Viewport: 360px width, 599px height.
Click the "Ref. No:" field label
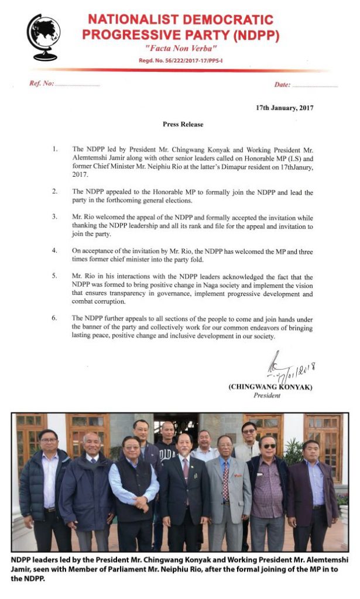coord(42,84)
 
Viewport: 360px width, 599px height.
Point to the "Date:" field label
coord(282,85)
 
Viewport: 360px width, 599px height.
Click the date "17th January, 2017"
coord(284,108)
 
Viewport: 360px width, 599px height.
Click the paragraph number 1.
coord(54,149)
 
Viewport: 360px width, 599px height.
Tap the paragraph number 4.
coord(54,250)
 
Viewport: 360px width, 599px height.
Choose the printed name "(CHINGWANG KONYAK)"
coord(271,387)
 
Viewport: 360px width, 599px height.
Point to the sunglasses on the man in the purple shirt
coord(269,446)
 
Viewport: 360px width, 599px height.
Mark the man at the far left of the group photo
coord(44,486)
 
